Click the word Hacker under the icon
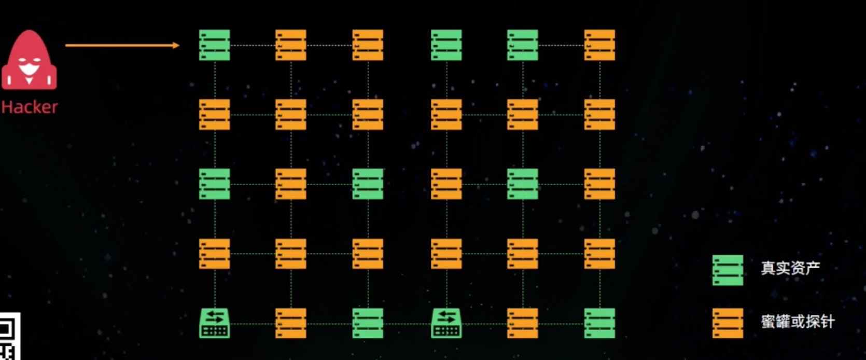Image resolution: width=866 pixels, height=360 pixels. tap(30, 107)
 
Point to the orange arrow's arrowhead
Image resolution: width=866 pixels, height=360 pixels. tap(176, 46)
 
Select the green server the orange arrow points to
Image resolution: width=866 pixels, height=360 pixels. tap(214, 45)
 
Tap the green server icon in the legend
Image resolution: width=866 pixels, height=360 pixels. tap(728, 270)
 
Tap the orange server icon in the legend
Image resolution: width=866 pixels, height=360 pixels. tap(728, 323)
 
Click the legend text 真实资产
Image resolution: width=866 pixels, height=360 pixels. tap(790, 268)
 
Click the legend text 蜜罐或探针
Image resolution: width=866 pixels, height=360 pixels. tap(798, 322)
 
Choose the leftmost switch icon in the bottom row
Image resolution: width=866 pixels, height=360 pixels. tap(214, 323)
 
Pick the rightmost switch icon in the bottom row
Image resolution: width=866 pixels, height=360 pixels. tap(446, 323)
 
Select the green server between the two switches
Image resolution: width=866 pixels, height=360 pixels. tap(368, 323)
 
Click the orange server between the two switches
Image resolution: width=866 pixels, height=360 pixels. tap(290, 323)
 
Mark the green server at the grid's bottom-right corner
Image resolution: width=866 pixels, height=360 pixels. tap(599, 323)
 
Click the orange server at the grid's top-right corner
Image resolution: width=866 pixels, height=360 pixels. tap(599, 45)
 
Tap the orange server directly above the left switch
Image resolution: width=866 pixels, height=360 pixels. tap(214, 254)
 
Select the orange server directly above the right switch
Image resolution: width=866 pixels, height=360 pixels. tap(446, 254)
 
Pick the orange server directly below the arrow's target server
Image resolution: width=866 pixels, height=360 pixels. tap(214, 115)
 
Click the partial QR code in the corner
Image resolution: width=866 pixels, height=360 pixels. tap(9, 337)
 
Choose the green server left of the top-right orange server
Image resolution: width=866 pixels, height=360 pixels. tap(522, 45)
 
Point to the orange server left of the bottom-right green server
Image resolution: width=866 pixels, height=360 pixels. tap(522, 323)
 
